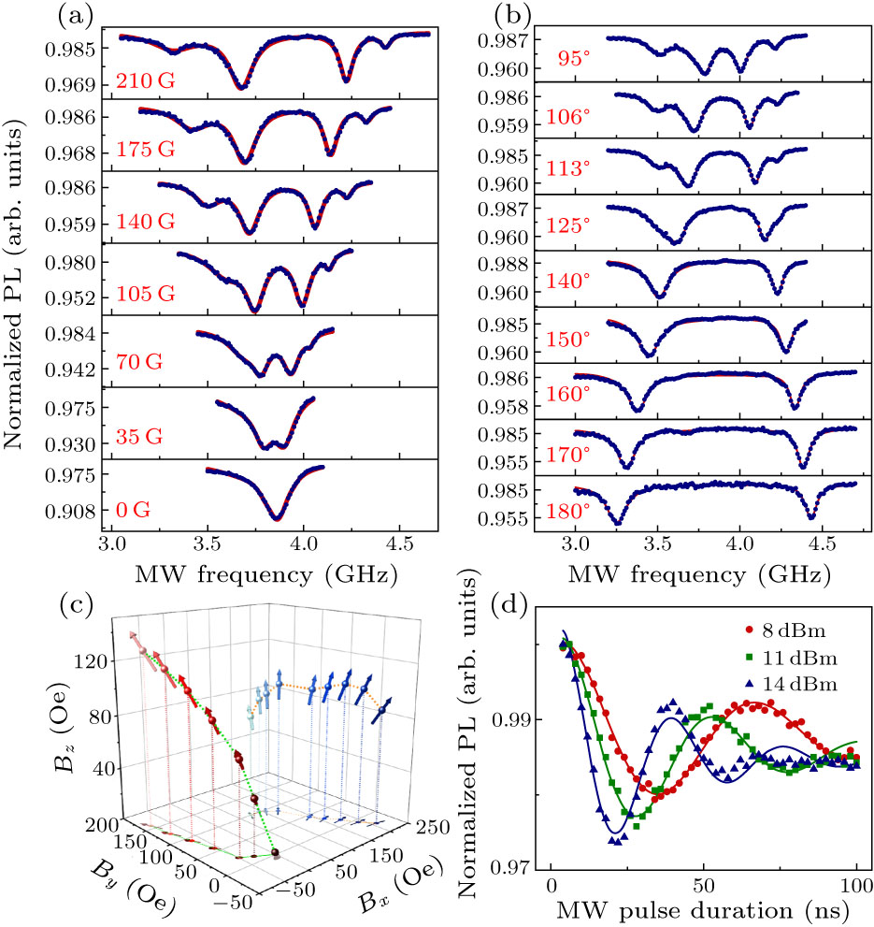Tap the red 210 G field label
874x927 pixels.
146,81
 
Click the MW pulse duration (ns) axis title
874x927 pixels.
703,912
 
